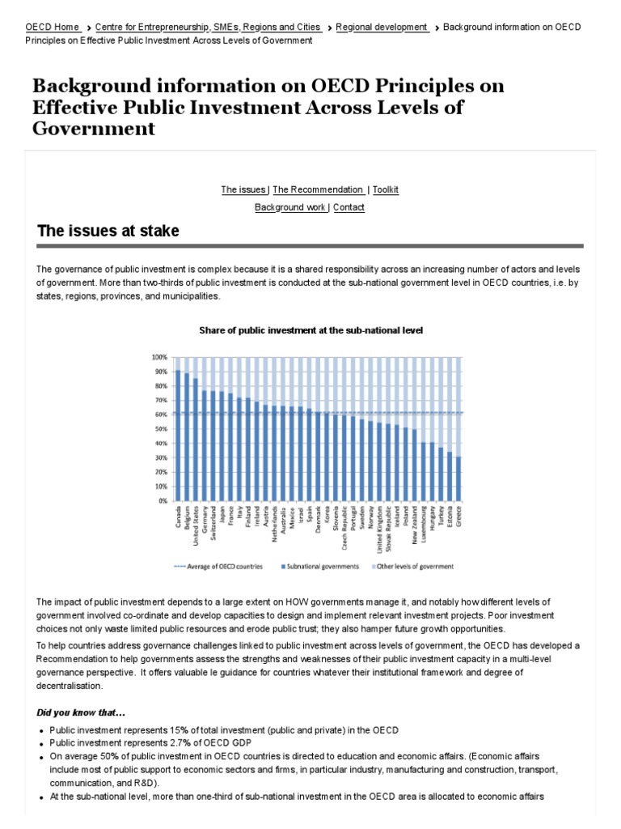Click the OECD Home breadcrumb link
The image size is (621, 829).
pos(52,27)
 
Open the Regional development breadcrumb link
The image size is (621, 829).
pos(382,27)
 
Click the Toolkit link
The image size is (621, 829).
pos(386,189)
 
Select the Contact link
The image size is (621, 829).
pos(349,207)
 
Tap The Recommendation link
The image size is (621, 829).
pos(318,189)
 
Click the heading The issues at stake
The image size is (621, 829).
pos(108,232)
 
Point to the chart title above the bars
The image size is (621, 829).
pos(311,330)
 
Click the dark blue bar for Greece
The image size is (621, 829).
pos(459,478)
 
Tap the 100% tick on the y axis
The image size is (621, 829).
pos(158,357)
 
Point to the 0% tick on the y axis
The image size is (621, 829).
pos(161,501)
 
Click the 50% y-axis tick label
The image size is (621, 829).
pos(159,429)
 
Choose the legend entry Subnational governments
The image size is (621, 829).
pos(320,566)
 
